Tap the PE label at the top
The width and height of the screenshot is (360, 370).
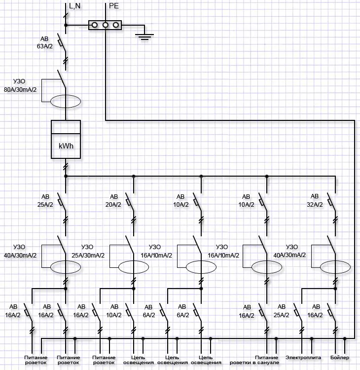pyautogui.click(x=114, y=6)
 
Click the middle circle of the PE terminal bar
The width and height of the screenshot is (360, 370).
pyautogui.click(x=105, y=24)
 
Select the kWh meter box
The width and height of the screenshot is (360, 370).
pyautogui.click(x=66, y=140)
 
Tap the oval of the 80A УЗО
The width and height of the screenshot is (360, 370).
pyautogui.click(x=66, y=101)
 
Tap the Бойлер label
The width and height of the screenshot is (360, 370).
pyautogui.click(x=340, y=357)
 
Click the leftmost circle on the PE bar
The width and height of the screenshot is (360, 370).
pyautogui.click(x=94, y=24)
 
